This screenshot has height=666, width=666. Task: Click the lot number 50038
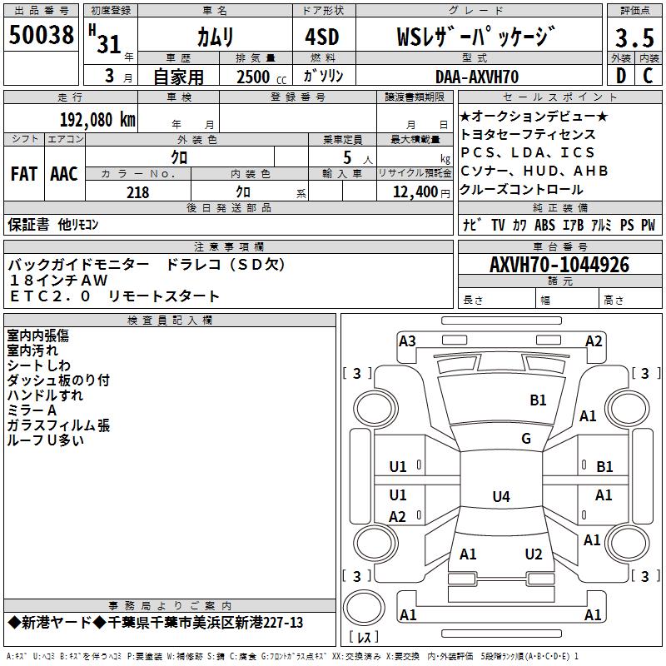pos(42,35)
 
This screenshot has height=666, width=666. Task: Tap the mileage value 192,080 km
pos(97,119)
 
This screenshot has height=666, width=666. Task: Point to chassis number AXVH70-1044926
pos(559,266)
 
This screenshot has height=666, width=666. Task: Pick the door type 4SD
pos(316,37)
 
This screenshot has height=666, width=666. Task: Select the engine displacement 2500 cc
pos(255,77)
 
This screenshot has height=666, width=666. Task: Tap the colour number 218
pos(137,192)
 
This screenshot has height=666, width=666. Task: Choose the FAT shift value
pos(23,174)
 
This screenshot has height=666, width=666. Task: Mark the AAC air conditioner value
pos(64,174)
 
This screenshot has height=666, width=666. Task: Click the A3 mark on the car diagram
pos(407,341)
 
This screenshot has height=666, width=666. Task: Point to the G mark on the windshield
pos(526,439)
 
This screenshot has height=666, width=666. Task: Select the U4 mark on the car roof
pos(500,497)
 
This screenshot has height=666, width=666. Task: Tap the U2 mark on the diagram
pos(534,554)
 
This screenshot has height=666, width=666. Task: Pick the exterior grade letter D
pos(620,77)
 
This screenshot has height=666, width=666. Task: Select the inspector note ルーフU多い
pos(45,441)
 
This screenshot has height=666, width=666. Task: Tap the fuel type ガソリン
pos(324,77)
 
